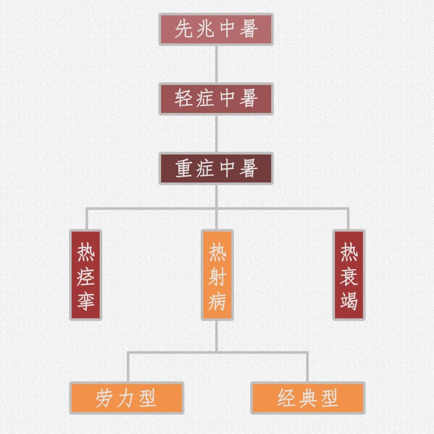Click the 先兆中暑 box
[x=216, y=29]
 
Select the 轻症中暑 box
[x=216, y=99]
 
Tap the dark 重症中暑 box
[x=216, y=168]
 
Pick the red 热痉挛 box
[x=86, y=275]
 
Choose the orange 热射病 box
[x=217, y=275]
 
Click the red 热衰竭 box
[x=349, y=275]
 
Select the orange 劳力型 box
[x=127, y=398]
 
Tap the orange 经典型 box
[x=308, y=398]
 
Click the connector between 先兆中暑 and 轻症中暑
[x=216, y=64]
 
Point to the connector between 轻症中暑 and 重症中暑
[x=216, y=134]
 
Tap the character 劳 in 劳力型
[x=104, y=398]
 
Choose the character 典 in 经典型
[x=308, y=398]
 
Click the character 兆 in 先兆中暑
[x=205, y=29]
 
